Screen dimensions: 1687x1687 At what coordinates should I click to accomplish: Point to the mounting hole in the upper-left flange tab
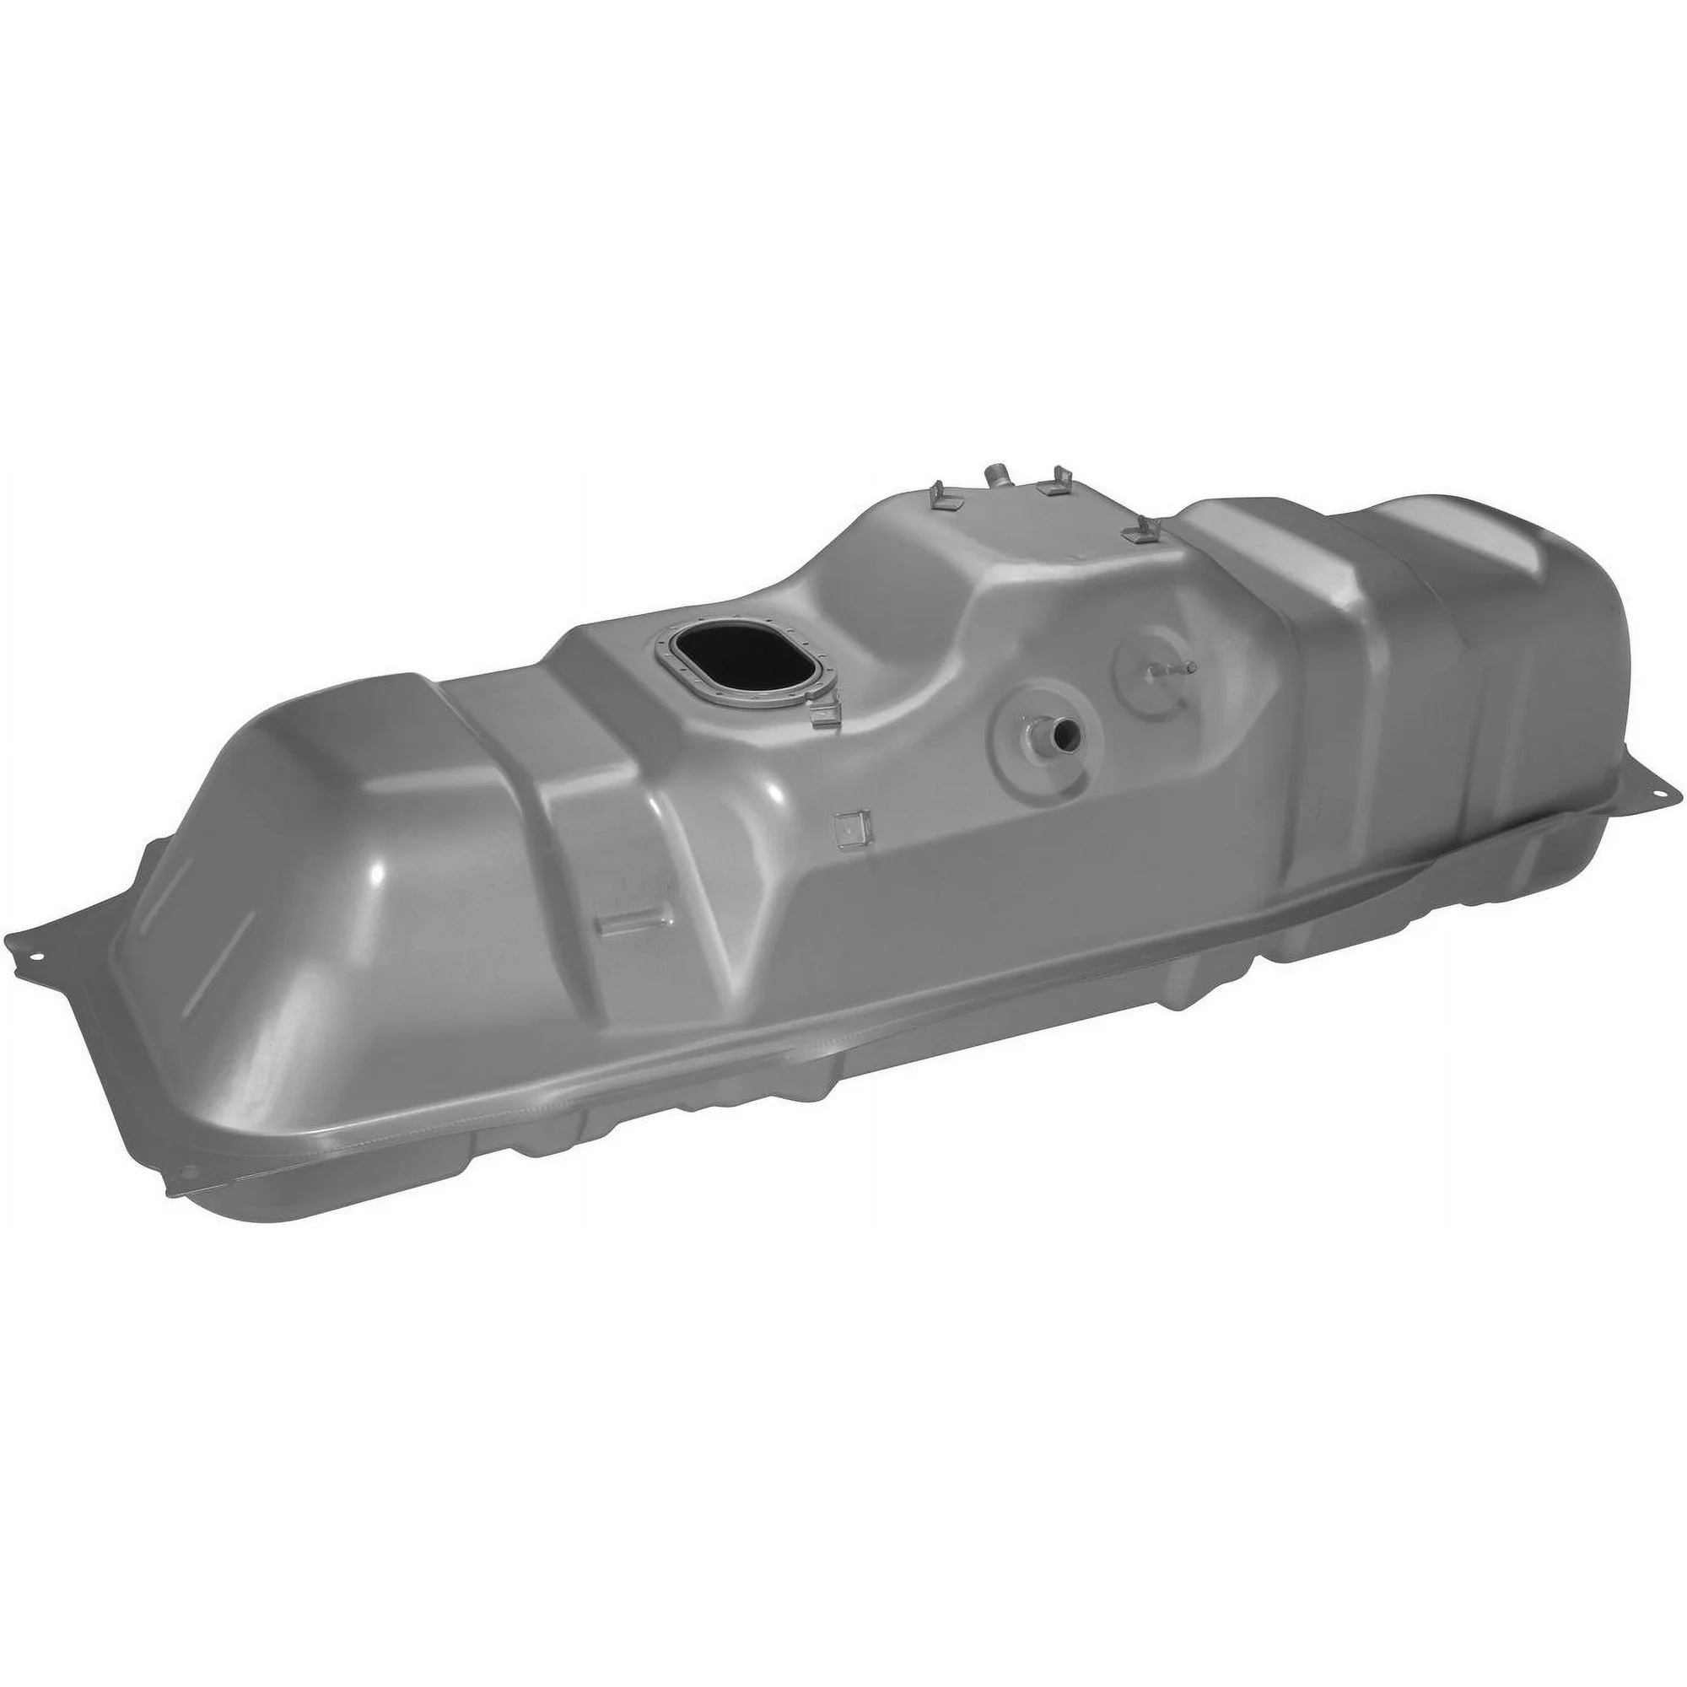[x=35, y=957]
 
